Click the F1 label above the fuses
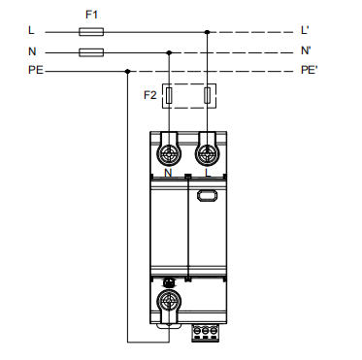[x=91, y=15]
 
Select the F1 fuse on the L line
[x=91, y=32]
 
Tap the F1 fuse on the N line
[x=91, y=52]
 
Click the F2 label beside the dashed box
[x=150, y=95]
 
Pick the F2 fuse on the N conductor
[x=169, y=95]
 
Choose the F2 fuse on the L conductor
[x=208, y=95]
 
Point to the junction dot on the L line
[x=208, y=32]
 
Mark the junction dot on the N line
[x=169, y=52]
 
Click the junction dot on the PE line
[x=128, y=71]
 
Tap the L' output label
[x=305, y=30]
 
